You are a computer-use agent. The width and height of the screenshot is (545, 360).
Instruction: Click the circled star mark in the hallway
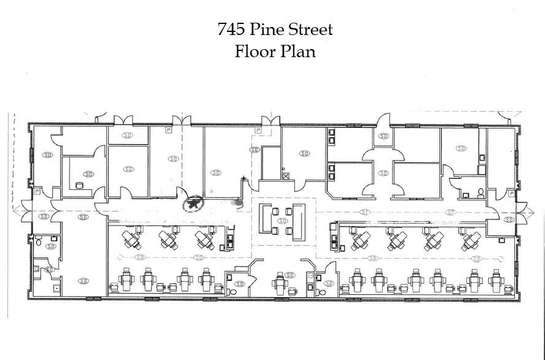tap(194, 203)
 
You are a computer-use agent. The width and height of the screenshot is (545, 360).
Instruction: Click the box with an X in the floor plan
tap(286, 175)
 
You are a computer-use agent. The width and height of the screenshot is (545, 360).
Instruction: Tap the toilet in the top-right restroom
tap(480, 193)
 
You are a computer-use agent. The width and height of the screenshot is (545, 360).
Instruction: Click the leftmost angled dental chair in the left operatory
tap(130, 238)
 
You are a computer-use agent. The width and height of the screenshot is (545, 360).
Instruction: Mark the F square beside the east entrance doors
tap(508, 192)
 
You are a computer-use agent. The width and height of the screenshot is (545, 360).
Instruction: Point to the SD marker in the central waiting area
tap(283, 220)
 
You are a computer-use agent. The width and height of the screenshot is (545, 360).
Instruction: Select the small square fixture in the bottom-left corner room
tap(57, 288)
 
